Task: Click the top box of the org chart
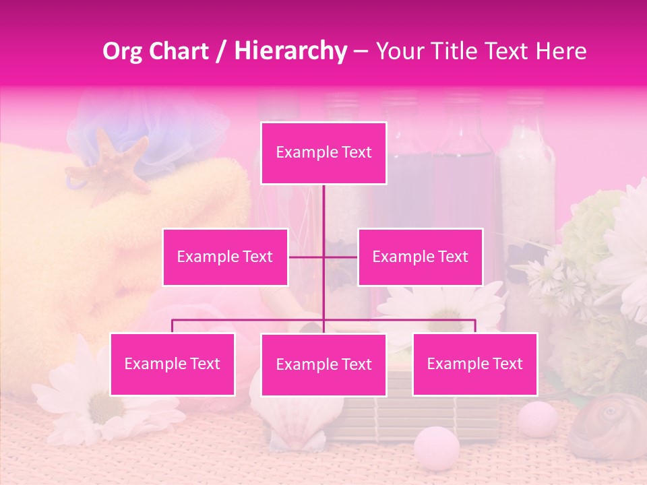[x=323, y=153]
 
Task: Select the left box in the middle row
[x=225, y=257]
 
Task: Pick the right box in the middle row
[x=420, y=257]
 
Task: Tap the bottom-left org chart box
[x=173, y=364]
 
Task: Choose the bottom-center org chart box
[x=323, y=364]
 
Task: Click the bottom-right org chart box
[x=474, y=364]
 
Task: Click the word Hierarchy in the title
[x=290, y=51]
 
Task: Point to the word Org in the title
[x=122, y=51]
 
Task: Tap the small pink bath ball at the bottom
[x=436, y=445]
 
